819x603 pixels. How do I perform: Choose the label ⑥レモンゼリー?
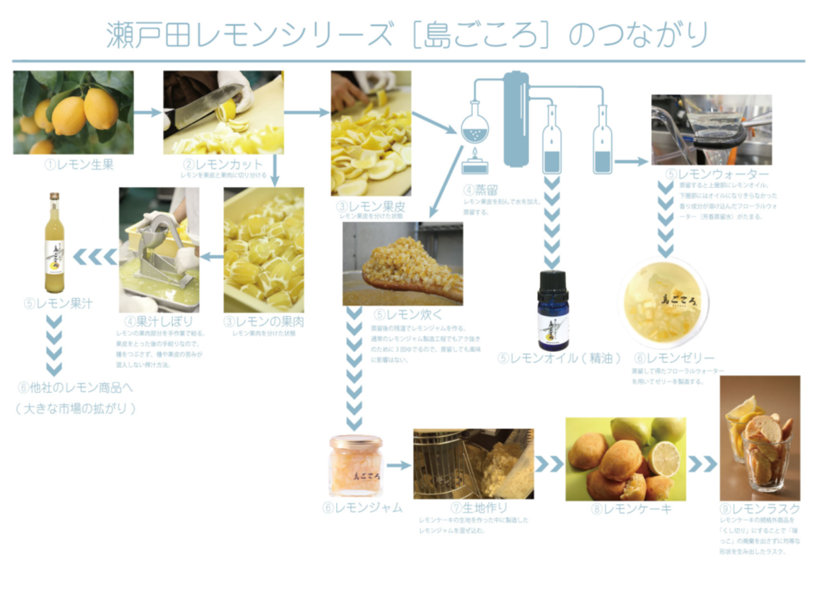[x=674, y=358]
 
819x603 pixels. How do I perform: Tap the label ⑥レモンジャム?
[x=363, y=507]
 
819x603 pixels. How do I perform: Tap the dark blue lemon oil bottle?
[x=553, y=310]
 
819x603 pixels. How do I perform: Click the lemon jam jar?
[x=355, y=465]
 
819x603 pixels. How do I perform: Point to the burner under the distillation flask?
[x=474, y=163]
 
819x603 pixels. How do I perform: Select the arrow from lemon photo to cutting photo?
[x=149, y=112]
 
